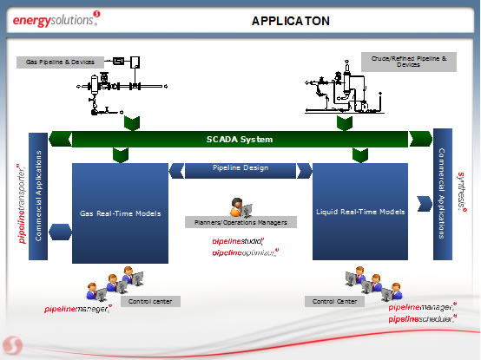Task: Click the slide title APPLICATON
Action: click(290, 20)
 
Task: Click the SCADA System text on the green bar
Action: click(240, 139)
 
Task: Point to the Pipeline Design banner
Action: click(240, 167)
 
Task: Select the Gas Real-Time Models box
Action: click(120, 213)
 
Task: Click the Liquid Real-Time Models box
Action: click(360, 212)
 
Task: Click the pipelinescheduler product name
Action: click(423, 319)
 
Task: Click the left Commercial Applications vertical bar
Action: click(38, 198)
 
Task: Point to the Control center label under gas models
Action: click(149, 302)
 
